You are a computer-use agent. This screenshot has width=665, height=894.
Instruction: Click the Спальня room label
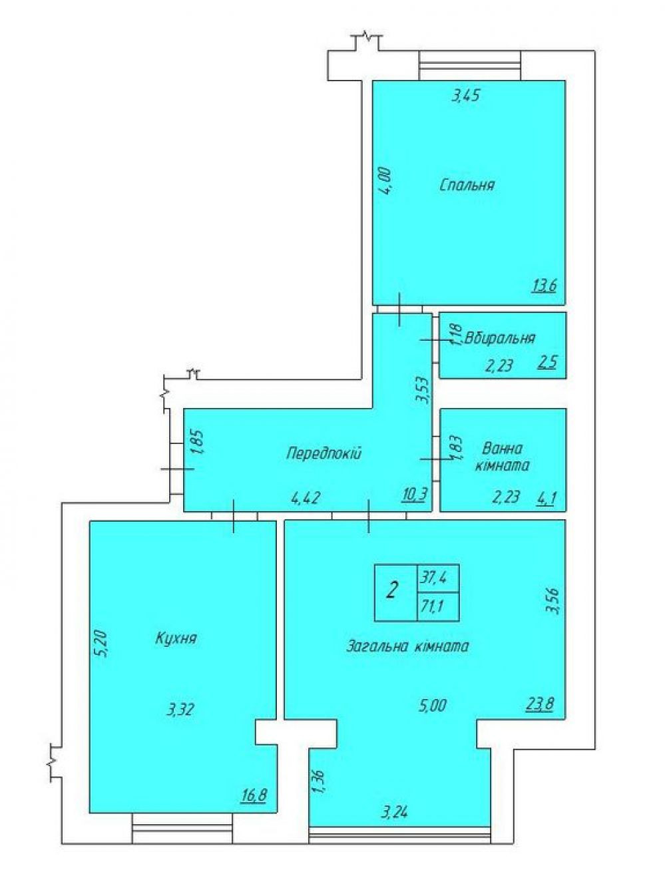[x=467, y=185]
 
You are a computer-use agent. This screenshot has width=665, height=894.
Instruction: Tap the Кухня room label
[x=176, y=638]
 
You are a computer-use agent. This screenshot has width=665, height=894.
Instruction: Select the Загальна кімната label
[x=407, y=646]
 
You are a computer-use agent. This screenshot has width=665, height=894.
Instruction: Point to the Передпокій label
[x=324, y=453]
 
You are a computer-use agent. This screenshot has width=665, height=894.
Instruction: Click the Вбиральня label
[x=500, y=338]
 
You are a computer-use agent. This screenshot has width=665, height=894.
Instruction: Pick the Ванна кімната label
[x=503, y=457]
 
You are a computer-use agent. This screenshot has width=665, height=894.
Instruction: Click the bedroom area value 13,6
[x=544, y=286]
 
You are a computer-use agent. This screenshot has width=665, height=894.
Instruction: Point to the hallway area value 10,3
[x=414, y=493]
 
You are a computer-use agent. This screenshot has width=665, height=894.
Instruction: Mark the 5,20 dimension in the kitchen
[x=103, y=644]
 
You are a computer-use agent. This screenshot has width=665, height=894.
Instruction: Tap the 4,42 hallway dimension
[x=305, y=499]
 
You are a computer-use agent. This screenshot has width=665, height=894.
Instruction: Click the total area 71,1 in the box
[x=432, y=606]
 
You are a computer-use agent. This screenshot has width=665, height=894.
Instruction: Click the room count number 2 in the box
[x=391, y=592]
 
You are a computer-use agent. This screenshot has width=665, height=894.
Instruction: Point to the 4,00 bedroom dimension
[x=385, y=181]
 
